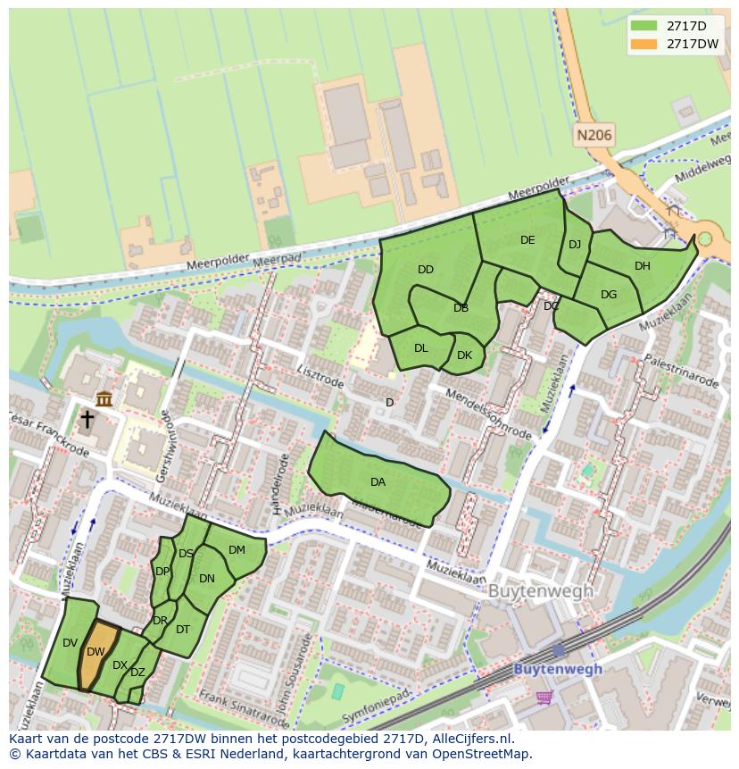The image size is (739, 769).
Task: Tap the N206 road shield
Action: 594,136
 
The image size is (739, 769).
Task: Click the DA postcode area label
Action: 378,482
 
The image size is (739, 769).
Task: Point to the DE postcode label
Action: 527,239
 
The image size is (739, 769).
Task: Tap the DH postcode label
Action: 642,265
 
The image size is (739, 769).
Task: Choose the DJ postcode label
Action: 575,245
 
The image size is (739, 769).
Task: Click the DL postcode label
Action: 421,348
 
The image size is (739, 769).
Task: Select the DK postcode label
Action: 464,355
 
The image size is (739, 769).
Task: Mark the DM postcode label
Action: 237,550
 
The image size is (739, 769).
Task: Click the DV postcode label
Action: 71,642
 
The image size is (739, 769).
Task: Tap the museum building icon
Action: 104,398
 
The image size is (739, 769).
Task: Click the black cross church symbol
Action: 87,419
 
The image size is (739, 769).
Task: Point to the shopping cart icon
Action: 544,696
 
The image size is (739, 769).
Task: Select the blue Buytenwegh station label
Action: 558,668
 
